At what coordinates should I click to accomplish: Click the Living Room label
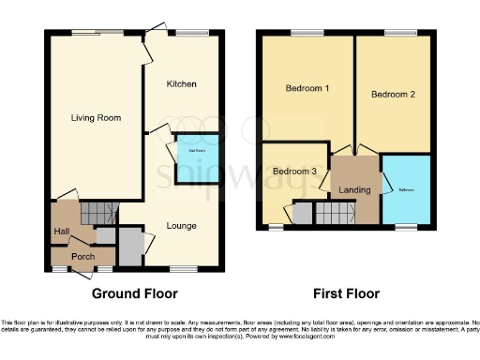coord(97,117)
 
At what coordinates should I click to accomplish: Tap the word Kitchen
coord(182,84)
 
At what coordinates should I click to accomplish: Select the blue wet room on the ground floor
coord(198,157)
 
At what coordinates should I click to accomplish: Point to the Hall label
coord(62,232)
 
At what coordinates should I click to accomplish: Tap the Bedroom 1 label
coord(307,89)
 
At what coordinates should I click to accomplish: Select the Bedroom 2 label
coord(393,95)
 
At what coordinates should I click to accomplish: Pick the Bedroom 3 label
coord(293,172)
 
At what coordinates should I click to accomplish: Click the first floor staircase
coord(330,215)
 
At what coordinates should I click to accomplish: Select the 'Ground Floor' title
coord(134,292)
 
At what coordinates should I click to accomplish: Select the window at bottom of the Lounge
coord(183,270)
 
